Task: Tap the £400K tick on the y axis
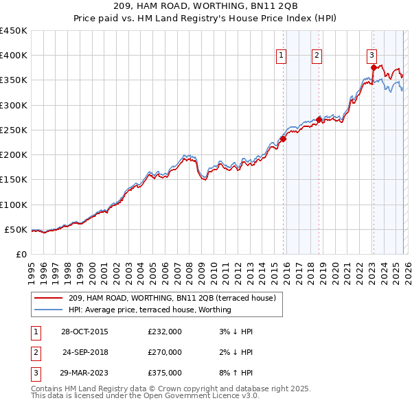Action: [x=14, y=56]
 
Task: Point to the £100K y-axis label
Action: [x=14, y=205]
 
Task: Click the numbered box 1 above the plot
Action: [x=282, y=56]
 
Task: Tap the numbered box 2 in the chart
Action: [x=317, y=56]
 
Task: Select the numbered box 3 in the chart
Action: [x=371, y=56]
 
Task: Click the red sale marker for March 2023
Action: [x=374, y=67]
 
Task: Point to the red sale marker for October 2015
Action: [x=283, y=139]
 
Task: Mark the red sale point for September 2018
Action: [x=319, y=119]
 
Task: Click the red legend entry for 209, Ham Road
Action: [x=172, y=298]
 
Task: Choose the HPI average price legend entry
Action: [x=150, y=310]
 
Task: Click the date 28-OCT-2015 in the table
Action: [x=84, y=332]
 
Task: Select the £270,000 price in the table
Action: [x=165, y=352]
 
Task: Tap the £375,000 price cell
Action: [x=165, y=373]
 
